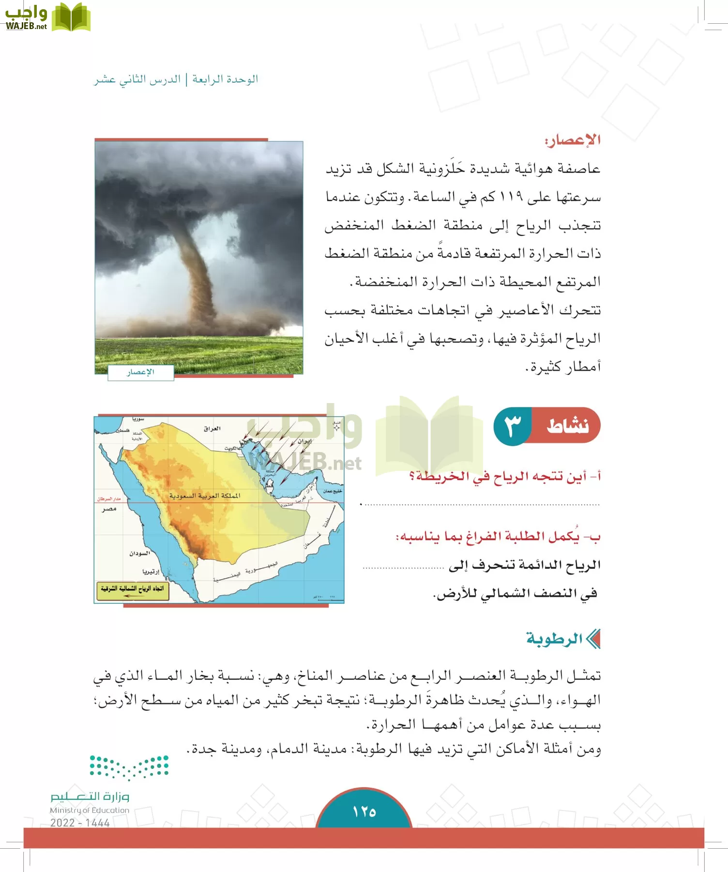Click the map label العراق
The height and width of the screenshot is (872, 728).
(212, 428)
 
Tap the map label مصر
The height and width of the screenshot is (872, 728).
(109, 509)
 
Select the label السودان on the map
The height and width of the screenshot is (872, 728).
(140, 553)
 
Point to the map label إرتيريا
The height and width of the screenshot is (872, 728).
(151, 572)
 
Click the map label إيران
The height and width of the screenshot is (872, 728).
(305, 441)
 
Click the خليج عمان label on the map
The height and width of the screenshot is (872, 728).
(333, 491)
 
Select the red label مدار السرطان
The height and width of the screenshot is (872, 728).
(108, 498)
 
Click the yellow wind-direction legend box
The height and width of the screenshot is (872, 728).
(133, 591)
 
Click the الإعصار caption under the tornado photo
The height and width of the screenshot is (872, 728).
(140, 372)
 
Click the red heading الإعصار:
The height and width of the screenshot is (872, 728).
(573, 140)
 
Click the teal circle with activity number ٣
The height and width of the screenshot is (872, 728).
(512, 426)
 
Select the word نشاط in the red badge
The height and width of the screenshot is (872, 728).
(568, 426)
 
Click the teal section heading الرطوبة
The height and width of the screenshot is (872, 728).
(555, 639)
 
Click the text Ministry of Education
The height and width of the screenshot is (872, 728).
(90, 810)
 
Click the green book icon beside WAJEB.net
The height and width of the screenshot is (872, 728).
(71, 17)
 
